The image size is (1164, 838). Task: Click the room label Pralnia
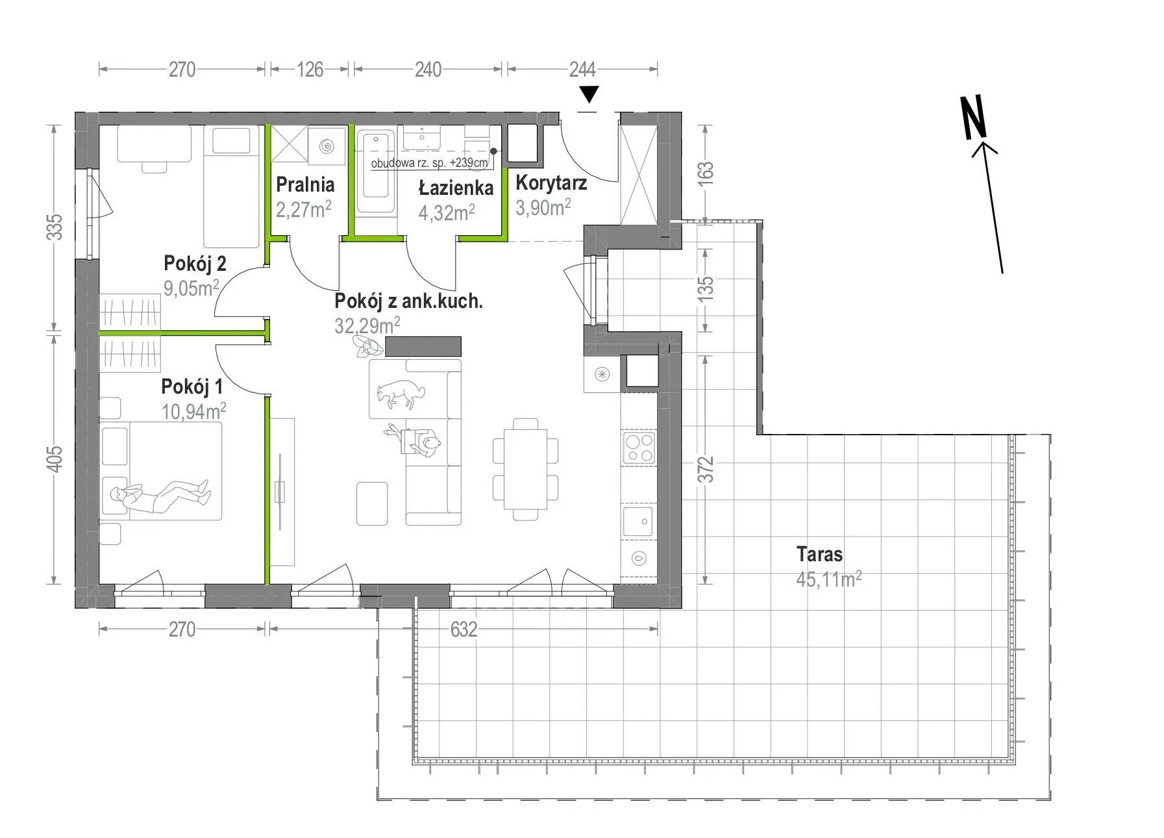coord(305,185)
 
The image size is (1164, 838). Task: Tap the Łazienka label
coord(456,188)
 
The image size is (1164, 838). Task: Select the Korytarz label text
coord(551,183)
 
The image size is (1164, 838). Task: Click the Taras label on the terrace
coord(819,554)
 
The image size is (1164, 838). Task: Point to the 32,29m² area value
coord(367,324)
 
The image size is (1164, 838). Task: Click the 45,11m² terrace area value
coord(829,578)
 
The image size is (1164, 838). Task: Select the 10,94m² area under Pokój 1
coord(193,411)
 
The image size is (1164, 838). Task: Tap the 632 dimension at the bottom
coord(464,629)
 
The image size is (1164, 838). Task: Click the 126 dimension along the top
coord(310,70)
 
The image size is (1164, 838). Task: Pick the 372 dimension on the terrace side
coord(706,469)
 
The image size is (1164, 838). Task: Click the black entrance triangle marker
coord(588,95)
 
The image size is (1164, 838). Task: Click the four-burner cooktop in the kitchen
coord(639,448)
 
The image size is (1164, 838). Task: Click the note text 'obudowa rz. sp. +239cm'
coord(429,163)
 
